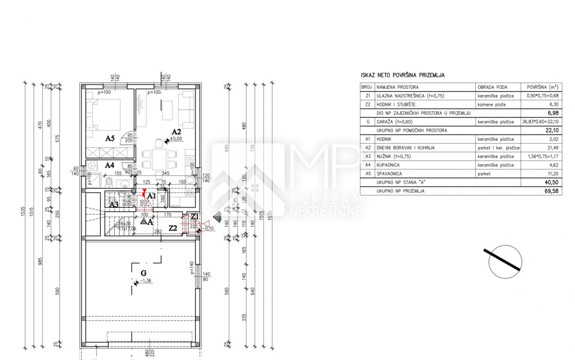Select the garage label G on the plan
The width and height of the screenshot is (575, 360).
coord(143,273)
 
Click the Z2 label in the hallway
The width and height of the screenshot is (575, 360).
coord(173,229)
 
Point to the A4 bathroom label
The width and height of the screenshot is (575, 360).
coord(110,164)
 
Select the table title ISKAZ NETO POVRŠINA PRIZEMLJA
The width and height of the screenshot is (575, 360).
coord(402,75)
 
